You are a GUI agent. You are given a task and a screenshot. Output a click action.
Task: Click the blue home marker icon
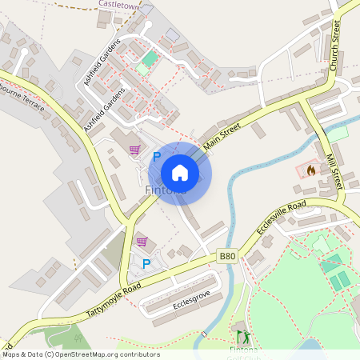coord(180,172)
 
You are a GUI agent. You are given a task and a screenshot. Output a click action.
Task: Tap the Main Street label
coord(223,132)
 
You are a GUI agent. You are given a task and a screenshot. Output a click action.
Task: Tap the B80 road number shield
coord(227,256)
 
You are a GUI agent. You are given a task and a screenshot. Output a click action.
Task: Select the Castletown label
coord(118,4)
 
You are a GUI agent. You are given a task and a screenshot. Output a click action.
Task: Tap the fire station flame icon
coord(310,170)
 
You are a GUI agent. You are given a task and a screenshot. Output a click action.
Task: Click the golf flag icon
coord(242,334)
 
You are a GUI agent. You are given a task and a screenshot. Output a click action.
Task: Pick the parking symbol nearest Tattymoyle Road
coord(146,263)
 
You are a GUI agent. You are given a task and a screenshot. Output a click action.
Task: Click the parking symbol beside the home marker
coord(157,157)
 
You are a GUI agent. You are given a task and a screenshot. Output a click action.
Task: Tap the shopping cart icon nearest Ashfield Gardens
coord(134,149)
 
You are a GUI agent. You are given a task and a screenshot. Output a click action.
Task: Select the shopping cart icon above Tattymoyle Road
coord(142,242)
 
